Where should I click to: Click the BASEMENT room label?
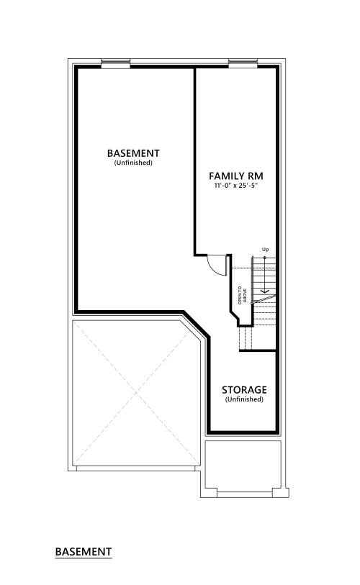tap(133, 153)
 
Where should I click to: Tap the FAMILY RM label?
tap(236, 176)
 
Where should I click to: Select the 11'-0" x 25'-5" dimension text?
tap(236, 186)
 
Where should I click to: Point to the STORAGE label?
tap(244, 390)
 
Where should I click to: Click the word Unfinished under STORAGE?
tap(244, 399)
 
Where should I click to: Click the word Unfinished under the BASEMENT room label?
tap(133, 163)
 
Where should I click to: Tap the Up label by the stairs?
tap(265, 249)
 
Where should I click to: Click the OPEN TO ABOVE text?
tap(242, 295)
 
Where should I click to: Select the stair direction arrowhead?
tap(265, 291)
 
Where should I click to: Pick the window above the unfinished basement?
tap(116, 64)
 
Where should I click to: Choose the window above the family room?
tap(243, 64)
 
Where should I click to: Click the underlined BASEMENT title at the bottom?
tap(84, 552)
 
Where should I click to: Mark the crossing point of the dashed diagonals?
tap(137, 392)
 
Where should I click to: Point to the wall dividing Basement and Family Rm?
tap(194, 161)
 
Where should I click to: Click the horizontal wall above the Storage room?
tap(258, 350)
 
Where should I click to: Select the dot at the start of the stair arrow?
tap(265, 258)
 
